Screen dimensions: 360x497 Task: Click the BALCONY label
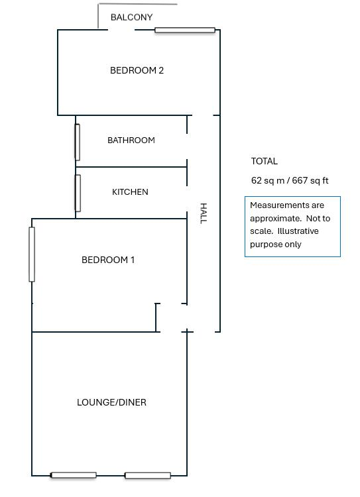131,17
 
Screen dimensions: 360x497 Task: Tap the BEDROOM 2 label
137,70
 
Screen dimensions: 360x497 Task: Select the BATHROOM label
131,140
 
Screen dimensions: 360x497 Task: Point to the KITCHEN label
130,192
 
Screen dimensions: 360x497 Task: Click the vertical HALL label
204,213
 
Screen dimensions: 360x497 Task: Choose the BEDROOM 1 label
108,260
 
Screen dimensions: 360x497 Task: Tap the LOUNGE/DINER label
111,402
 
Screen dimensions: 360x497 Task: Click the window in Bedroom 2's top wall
185,30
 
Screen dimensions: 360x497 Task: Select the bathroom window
77,142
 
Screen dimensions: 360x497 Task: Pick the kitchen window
78,193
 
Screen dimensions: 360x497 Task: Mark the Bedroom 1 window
32,254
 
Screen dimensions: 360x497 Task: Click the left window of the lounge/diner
74,475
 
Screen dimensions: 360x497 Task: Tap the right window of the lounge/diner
148,475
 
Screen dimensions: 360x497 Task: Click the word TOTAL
265,161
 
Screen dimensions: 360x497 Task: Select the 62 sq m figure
268,180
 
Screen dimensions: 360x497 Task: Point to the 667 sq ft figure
310,180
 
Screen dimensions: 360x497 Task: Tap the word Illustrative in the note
298,231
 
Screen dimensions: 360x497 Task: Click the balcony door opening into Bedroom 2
121,30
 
